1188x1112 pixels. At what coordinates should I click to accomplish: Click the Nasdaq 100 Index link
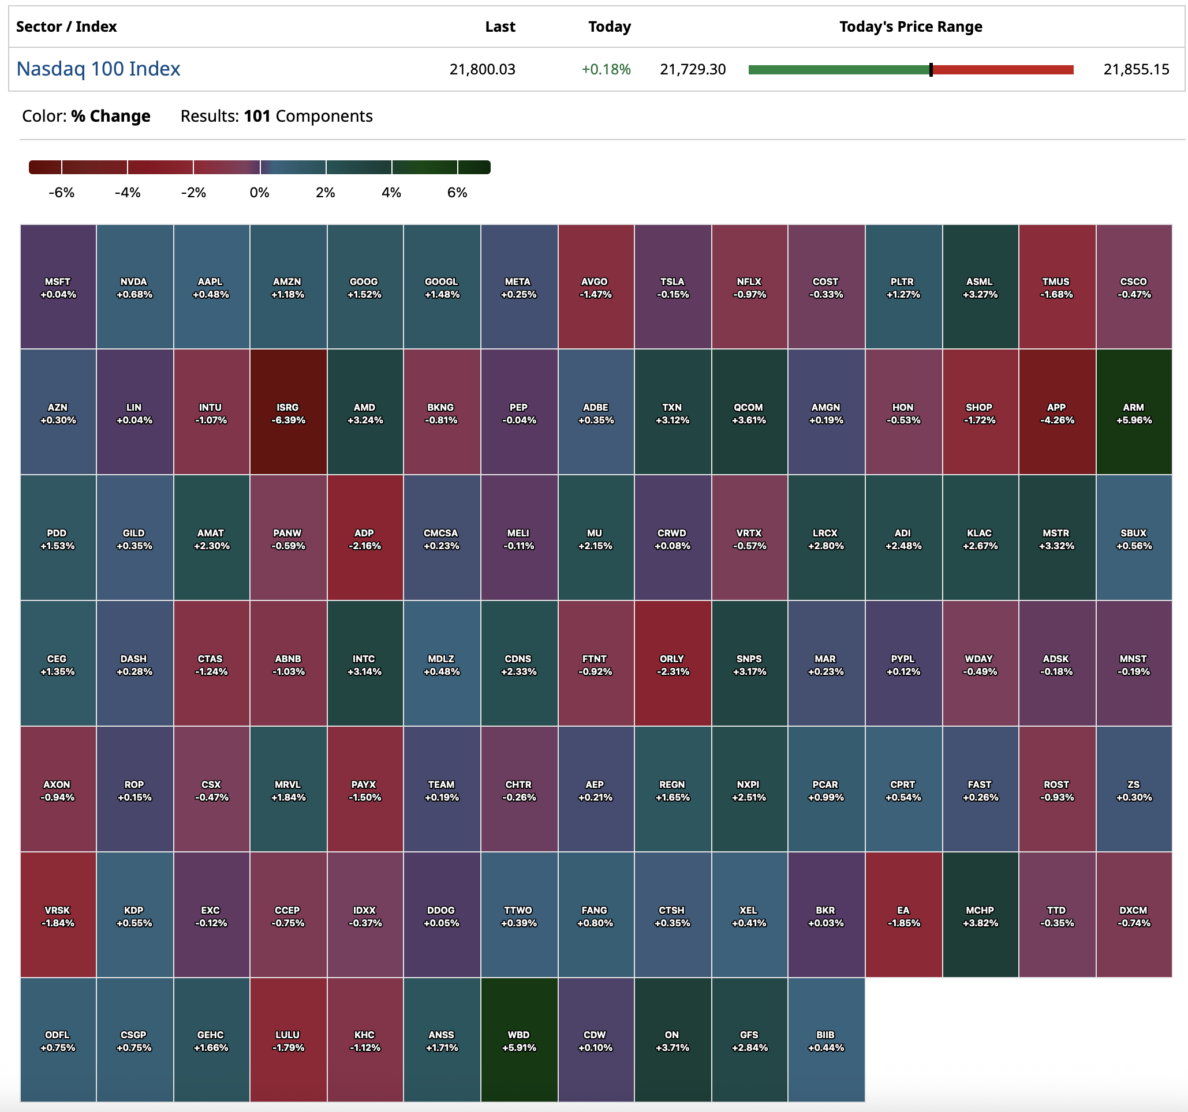coord(98,69)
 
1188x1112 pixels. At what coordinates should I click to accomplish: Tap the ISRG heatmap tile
coord(288,412)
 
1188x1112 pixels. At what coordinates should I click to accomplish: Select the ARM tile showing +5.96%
coord(1134,412)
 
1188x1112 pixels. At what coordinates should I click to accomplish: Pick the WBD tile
coord(519,1040)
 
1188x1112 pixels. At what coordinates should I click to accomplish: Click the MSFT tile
coord(58,287)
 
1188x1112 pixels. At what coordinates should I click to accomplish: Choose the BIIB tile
coord(826,1040)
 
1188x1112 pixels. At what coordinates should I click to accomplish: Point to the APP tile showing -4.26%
coord(1056,412)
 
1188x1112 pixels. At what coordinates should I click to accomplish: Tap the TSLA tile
coord(673,287)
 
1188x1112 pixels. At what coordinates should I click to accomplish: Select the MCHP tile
coord(980,915)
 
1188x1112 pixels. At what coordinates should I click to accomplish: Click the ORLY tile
coord(673,664)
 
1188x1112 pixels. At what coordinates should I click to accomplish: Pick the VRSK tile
coord(58,915)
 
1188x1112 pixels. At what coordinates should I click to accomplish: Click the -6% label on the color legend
coord(62,193)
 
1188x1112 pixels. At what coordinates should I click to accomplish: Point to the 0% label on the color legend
coord(259,193)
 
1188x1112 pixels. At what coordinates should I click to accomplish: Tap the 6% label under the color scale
coord(457,193)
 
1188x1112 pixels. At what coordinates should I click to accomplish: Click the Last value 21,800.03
coord(482,70)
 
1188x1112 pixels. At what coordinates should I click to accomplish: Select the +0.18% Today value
coord(606,70)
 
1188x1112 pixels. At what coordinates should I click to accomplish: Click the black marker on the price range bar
coord(931,70)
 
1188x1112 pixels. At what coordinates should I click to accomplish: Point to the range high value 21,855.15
coord(1136,70)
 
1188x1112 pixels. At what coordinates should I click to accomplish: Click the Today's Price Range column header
coord(911,27)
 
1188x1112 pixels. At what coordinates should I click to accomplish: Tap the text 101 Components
coord(308,116)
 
